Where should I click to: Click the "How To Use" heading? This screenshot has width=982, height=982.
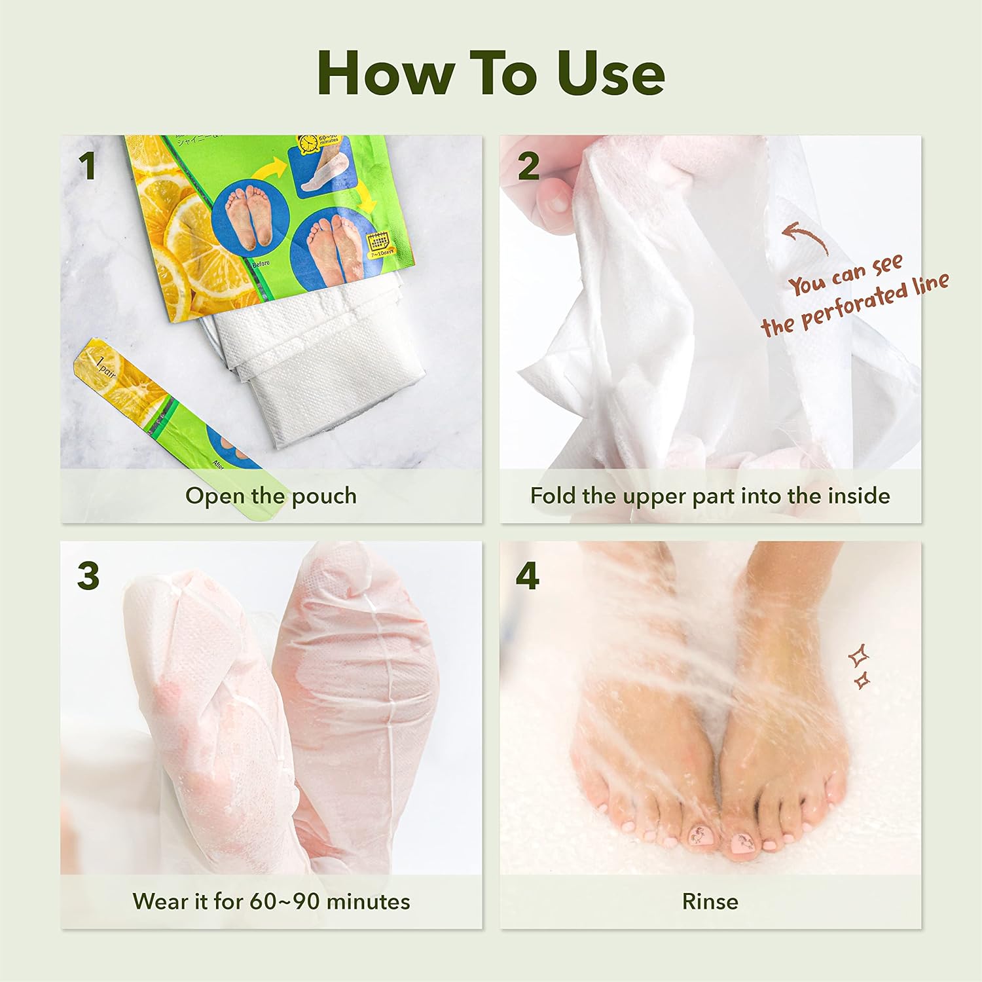[491, 73]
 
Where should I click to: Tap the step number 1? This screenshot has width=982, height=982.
[87, 166]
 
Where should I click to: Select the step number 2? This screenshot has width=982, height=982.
[528, 166]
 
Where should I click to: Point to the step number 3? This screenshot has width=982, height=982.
[88, 576]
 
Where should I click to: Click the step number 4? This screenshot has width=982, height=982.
[528, 576]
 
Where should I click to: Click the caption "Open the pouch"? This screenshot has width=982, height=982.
[270, 496]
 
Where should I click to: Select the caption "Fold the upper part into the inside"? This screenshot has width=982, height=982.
[710, 496]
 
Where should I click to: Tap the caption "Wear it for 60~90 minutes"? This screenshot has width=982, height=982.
[271, 901]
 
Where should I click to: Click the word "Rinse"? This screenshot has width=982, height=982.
[710, 901]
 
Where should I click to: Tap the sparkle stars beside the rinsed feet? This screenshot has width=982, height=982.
[860, 666]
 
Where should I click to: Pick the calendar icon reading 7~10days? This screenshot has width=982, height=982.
[380, 244]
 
